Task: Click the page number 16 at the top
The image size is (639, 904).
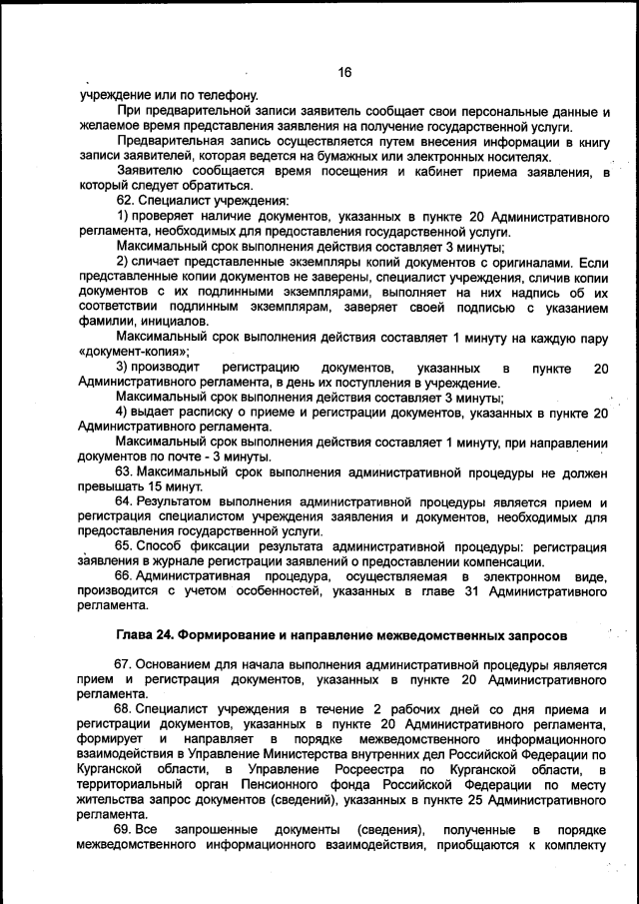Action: pyautogui.click(x=344, y=72)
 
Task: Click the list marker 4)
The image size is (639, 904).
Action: pyautogui.click(x=125, y=413)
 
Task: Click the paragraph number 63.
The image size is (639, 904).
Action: pyautogui.click(x=126, y=470)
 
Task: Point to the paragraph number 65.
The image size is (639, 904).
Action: pyautogui.click(x=126, y=546)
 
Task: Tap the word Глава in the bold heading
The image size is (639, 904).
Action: pyautogui.click(x=137, y=634)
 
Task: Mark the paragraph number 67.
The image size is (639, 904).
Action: pyautogui.click(x=126, y=663)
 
